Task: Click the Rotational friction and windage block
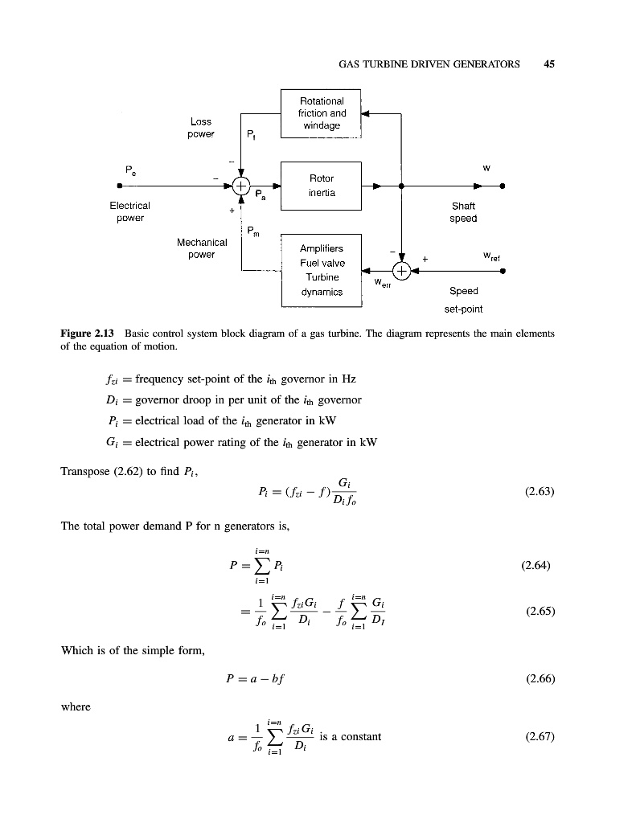tap(322, 113)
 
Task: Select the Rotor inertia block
tap(322, 185)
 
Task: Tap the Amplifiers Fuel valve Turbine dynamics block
tap(322, 270)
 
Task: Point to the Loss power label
tap(200, 128)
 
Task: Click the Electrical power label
tap(129, 211)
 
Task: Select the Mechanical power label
tap(200, 248)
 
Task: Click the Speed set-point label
tap(463, 299)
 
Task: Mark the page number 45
tap(550, 65)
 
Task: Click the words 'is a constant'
tap(350, 736)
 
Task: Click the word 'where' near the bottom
tap(75, 708)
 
